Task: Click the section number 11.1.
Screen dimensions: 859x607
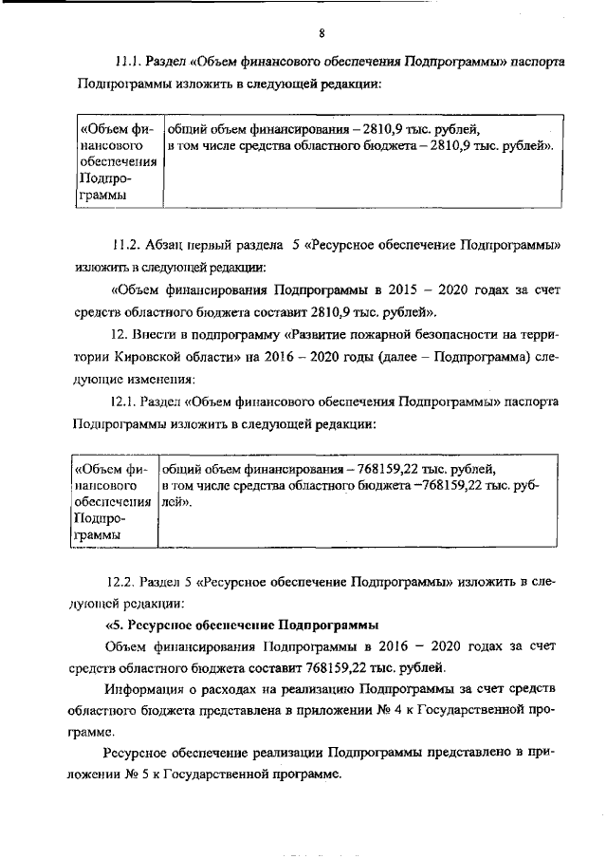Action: click(x=127, y=62)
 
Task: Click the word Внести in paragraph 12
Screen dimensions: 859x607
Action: click(x=149, y=335)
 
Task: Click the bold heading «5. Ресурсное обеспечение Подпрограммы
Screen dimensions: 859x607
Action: click(x=241, y=625)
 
